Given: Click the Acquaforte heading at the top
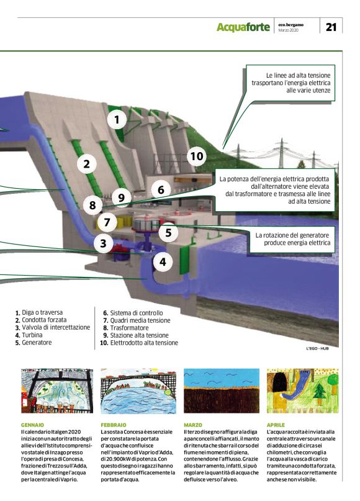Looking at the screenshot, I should pos(243,27).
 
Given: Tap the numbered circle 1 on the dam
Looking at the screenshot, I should pos(117,118).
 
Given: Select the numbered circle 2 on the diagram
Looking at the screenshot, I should pos(87,164).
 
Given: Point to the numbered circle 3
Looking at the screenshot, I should pos(104,243).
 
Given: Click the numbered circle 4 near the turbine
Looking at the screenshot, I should pos(163,262).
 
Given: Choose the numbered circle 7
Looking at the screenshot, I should pos(107,221).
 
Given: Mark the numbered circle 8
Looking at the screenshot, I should pos(92,204).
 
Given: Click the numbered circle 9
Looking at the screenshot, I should pos(122,198).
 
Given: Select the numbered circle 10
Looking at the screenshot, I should pos(196,156).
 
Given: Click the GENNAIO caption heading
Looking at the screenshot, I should pos(33,425).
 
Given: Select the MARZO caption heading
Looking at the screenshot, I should pos(193,425).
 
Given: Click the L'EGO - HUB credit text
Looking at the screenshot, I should pos(317,348).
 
